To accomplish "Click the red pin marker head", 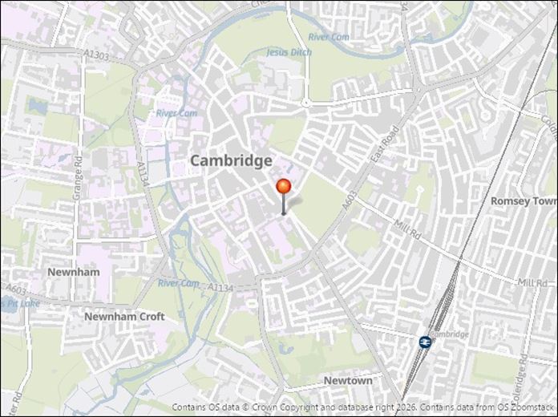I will click(284, 187).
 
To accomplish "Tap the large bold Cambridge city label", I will click(231, 161).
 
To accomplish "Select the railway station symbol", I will click(424, 342).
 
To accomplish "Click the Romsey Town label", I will click(524, 200).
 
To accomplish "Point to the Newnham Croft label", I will click(124, 317).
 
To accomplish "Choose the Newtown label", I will click(348, 381).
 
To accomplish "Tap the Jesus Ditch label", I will click(289, 52).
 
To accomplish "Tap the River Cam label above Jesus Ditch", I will click(329, 37).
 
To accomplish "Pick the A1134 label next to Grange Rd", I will click(142, 175).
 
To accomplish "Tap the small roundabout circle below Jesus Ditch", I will click(305, 103).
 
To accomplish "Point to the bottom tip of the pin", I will click(284, 214).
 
